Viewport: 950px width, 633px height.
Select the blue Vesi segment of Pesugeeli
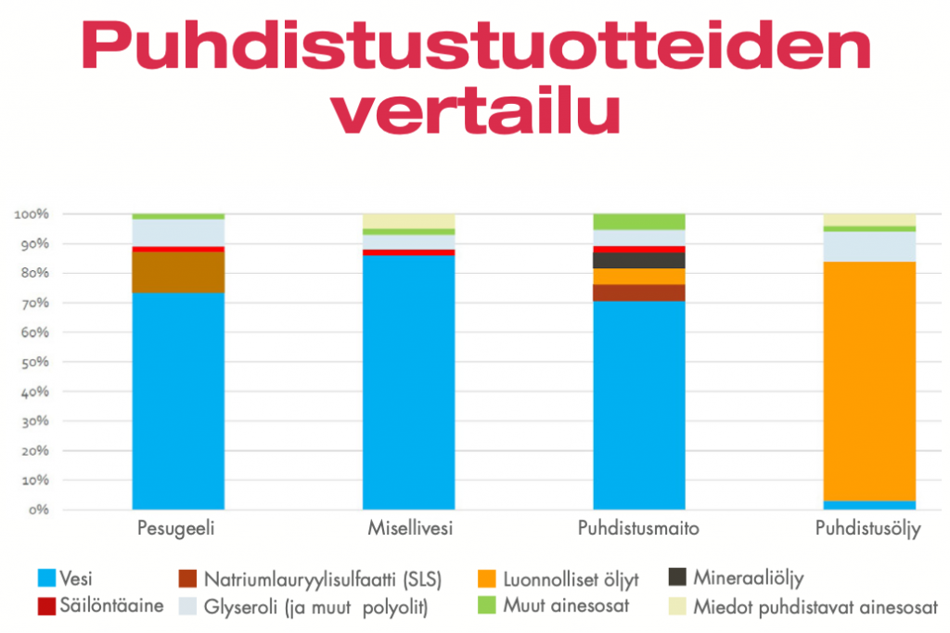coord(178,399)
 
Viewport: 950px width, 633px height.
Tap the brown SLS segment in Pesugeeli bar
coord(178,272)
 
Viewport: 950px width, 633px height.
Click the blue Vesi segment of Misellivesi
coord(408,381)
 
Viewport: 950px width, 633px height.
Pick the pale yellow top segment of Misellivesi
coord(408,221)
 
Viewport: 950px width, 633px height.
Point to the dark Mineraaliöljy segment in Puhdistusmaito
coord(639,260)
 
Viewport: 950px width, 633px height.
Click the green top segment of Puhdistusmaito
coord(639,221)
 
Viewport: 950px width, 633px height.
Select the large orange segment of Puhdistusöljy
coord(869,381)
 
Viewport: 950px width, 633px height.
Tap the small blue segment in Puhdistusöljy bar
coord(869,505)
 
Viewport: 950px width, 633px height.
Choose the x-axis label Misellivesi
coord(408,529)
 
